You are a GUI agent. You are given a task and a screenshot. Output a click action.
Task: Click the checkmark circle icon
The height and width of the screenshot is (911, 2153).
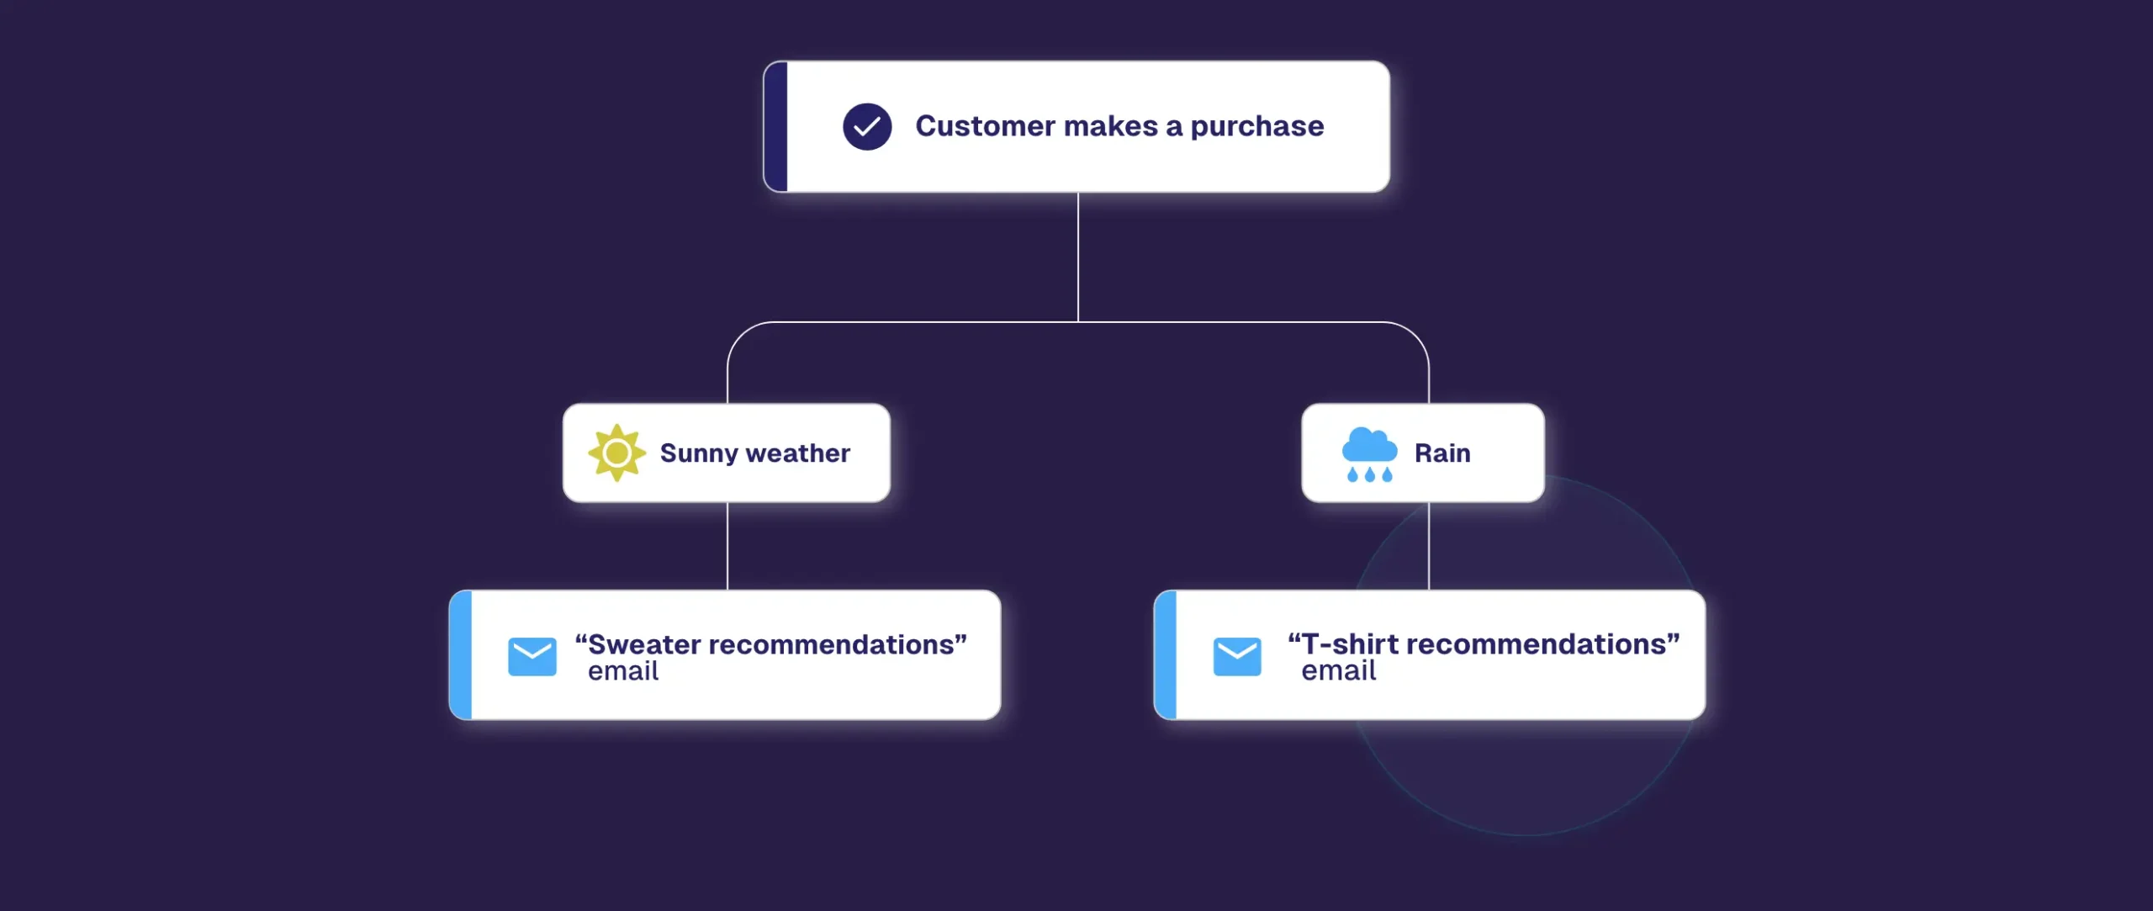(867, 126)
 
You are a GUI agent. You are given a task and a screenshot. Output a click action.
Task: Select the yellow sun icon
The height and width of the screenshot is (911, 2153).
(616, 453)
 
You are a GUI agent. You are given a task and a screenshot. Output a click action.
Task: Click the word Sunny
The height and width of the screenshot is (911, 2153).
(699, 454)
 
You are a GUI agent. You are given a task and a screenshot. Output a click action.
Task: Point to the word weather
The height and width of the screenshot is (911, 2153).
(798, 453)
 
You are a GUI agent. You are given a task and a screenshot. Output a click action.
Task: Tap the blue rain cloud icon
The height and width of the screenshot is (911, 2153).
(1369, 454)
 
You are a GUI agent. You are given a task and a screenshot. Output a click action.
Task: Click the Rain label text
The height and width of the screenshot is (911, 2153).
(1442, 453)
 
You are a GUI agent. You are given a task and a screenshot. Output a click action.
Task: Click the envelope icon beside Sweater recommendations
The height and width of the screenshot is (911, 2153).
(532, 656)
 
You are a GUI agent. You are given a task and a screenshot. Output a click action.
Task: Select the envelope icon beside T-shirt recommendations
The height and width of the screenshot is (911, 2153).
(1237, 656)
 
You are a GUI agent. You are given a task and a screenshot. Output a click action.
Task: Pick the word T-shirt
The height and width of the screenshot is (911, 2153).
(1350, 644)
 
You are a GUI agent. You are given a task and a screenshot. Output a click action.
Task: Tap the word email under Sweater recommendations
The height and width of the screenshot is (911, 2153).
(623, 671)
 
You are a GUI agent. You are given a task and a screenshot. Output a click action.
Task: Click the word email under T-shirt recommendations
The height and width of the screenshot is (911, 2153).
(1339, 670)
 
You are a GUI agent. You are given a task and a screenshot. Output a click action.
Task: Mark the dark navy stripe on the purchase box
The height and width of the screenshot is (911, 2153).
(775, 126)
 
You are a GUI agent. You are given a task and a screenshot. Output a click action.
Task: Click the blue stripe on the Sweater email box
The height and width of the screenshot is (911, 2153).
(461, 654)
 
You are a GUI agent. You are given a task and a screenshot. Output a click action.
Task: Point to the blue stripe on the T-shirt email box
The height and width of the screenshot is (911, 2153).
(1166, 654)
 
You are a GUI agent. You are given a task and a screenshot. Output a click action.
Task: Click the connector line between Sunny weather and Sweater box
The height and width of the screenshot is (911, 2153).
(727, 546)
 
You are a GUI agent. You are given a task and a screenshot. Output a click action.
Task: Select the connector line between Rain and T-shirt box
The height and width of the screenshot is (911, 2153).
(1429, 546)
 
